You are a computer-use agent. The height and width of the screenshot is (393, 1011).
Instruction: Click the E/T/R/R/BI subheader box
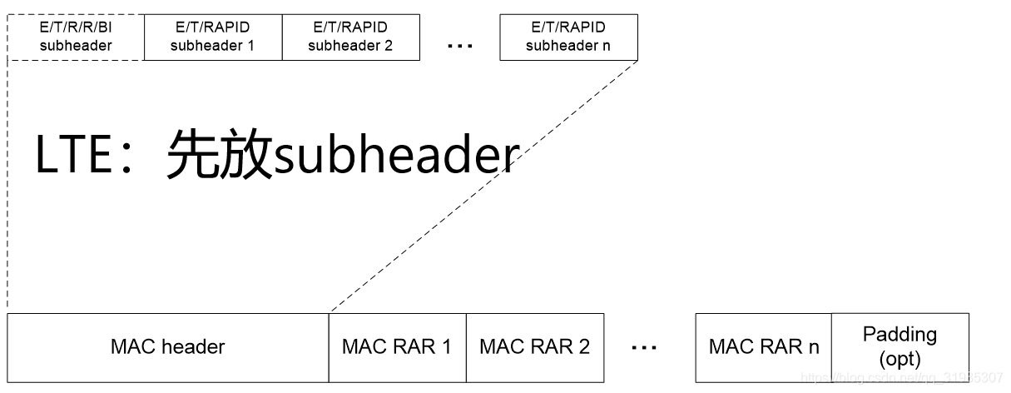click(76, 37)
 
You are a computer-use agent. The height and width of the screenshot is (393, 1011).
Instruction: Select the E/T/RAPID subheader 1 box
click(213, 37)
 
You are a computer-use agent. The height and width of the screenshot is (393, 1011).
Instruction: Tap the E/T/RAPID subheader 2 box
click(350, 37)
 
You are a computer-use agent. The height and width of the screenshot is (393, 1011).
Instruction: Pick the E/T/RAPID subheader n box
click(568, 37)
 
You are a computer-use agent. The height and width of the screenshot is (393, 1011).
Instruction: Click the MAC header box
click(167, 346)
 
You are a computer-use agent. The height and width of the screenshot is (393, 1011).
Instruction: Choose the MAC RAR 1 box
click(397, 346)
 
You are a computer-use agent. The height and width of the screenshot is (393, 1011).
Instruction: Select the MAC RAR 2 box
click(534, 346)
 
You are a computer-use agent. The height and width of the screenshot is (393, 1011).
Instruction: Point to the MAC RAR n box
click(763, 346)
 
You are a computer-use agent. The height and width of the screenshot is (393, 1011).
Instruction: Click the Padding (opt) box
click(899, 346)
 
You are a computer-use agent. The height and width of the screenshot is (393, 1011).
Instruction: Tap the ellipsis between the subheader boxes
click(459, 47)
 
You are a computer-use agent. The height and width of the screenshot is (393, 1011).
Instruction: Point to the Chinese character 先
click(192, 156)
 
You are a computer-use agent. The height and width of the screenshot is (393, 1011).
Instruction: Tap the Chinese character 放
click(246, 156)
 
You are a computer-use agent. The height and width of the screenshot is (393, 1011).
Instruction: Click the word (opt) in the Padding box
click(899, 359)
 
